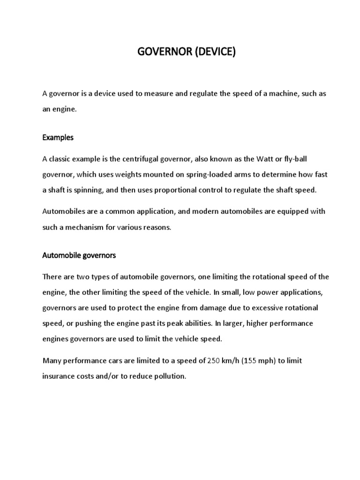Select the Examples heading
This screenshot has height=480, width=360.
[58, 138]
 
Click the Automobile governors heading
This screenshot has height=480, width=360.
[79, 256]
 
